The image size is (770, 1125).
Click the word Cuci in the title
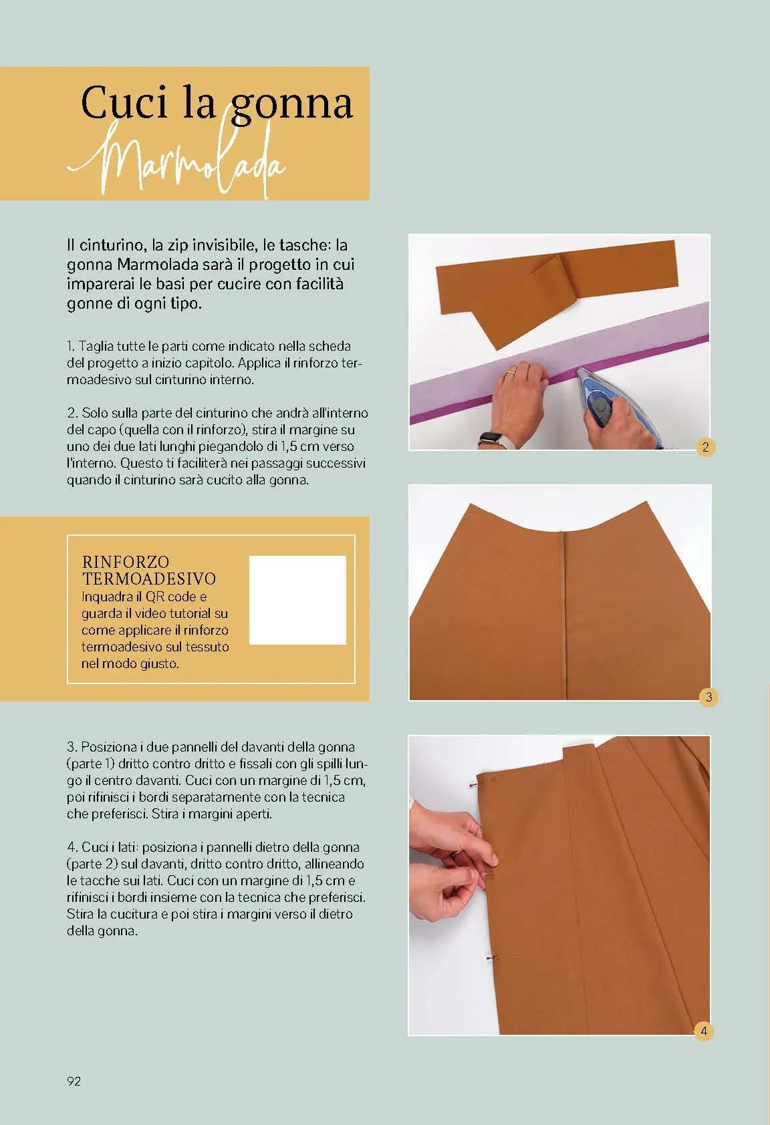coord(124,102)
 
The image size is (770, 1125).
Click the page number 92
coord(74,1081)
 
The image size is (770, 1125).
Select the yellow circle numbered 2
coord(705,447)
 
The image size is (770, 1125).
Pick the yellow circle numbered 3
coord(709,697)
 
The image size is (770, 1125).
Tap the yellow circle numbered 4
coord(704,1031)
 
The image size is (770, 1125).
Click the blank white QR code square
coord(297,600)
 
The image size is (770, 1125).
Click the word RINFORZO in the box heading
coord(126,561)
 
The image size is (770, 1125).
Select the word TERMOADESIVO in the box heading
coord(149,579)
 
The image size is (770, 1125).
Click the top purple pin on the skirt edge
coord(473,784)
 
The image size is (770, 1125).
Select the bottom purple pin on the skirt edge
coord(491,958)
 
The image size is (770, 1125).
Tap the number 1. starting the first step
coord(71,346)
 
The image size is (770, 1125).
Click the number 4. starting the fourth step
coord(72,847)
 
